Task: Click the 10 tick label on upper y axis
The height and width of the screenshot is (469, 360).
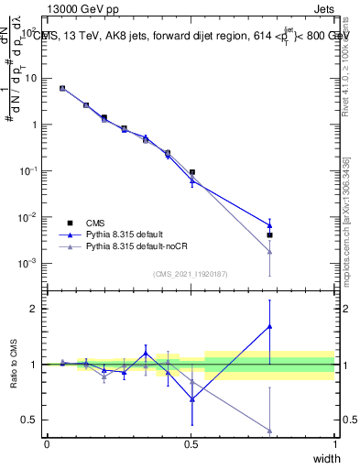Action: [32, 78]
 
